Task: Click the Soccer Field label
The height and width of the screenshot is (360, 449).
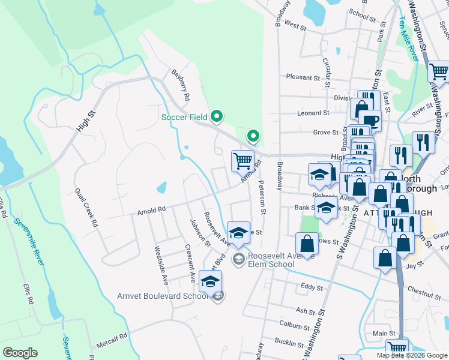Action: click(184, 116)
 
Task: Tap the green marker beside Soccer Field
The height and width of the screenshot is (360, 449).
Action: click(217, 116)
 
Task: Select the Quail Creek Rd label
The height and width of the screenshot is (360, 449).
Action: click(85, 207)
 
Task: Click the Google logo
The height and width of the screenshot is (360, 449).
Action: click(20, 352)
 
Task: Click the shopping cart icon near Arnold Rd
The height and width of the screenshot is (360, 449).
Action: click(243, 160)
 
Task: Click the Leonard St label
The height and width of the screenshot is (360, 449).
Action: click(313, 113)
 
